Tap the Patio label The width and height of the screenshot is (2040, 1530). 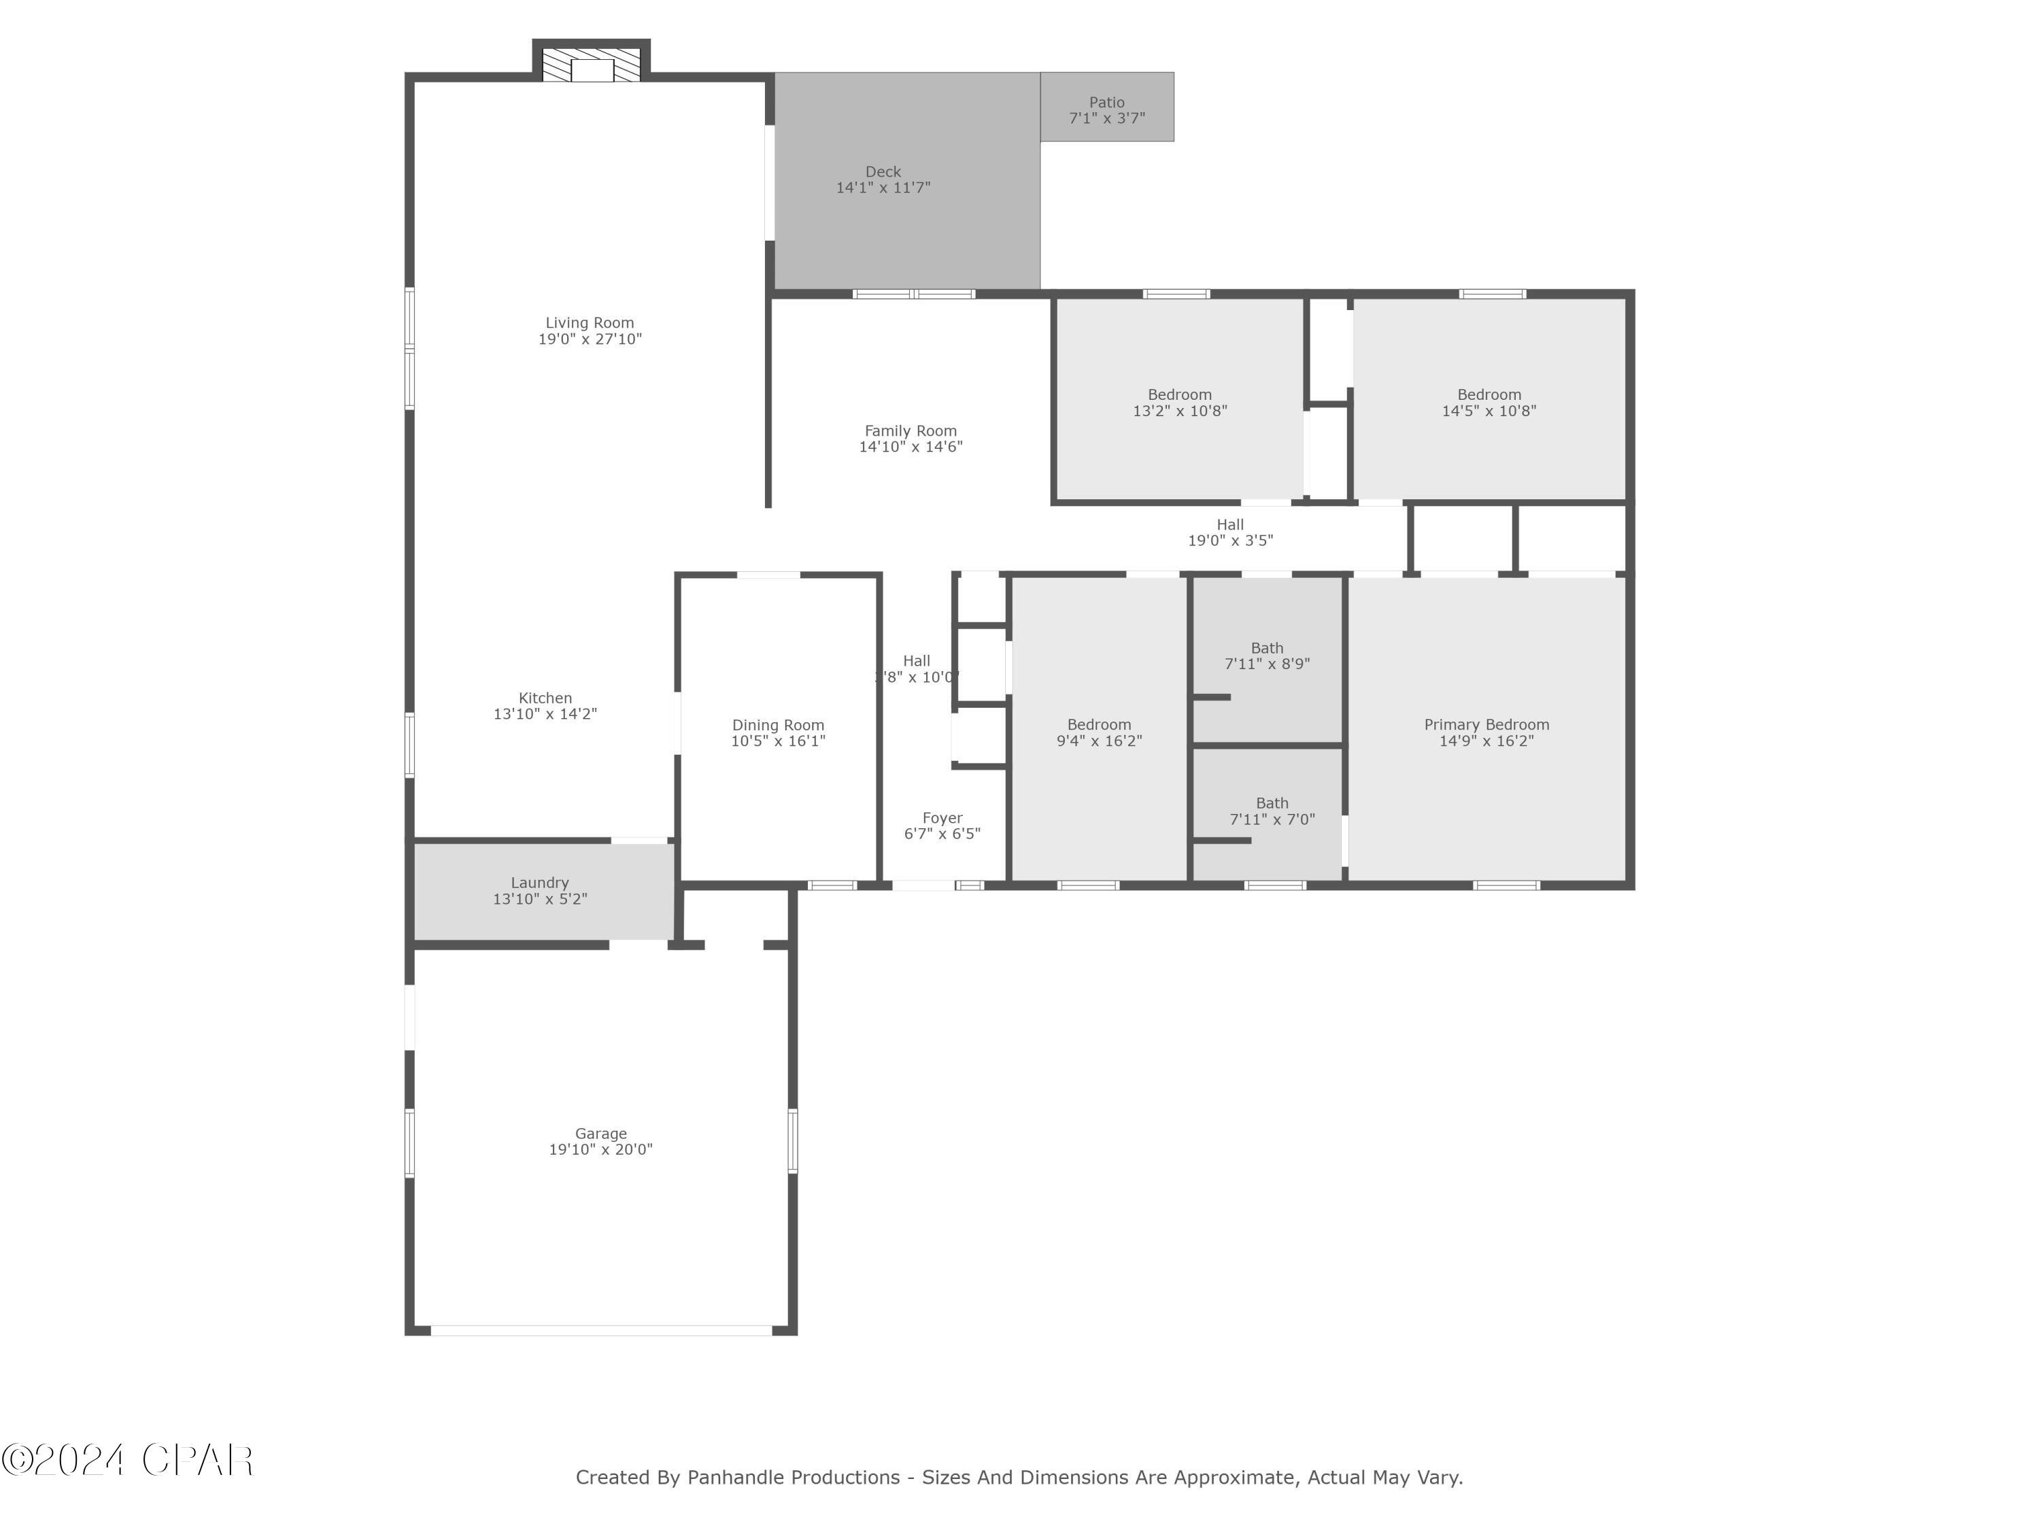(1106, 103)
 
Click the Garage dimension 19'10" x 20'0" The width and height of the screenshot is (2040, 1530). (600, 1150)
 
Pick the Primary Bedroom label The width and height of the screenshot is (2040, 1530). (1486, 725)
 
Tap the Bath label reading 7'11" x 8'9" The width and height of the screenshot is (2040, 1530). (1266, 648)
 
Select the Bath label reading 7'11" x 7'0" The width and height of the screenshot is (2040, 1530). (1271, 803)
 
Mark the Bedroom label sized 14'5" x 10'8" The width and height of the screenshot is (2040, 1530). (1489, 394)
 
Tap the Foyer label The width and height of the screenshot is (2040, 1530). (942, 818)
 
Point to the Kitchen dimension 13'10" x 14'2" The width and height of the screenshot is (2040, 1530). (545, 715)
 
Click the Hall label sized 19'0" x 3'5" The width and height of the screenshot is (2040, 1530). (1229, 525)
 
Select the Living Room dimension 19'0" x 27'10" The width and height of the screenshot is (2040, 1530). (590, 339)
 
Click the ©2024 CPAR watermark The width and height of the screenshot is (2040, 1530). (127, 1460)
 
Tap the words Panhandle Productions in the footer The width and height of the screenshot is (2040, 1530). (793, 1478)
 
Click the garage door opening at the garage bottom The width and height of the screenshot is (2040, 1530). (600, 1330)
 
